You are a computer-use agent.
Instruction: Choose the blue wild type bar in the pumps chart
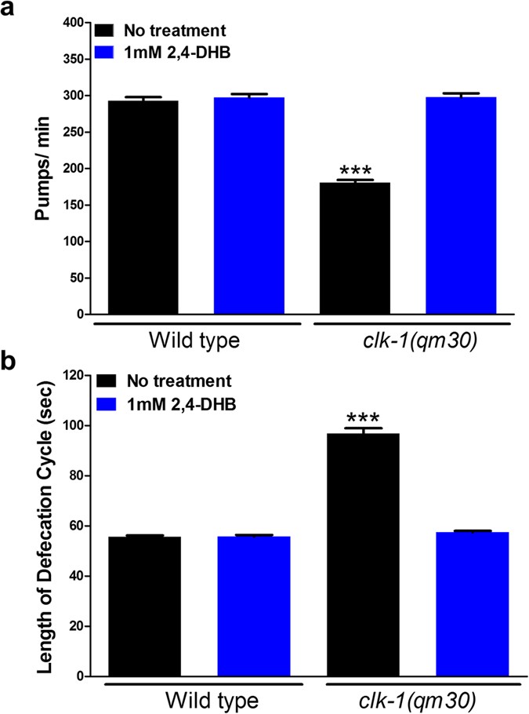(x=251, y=206)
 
